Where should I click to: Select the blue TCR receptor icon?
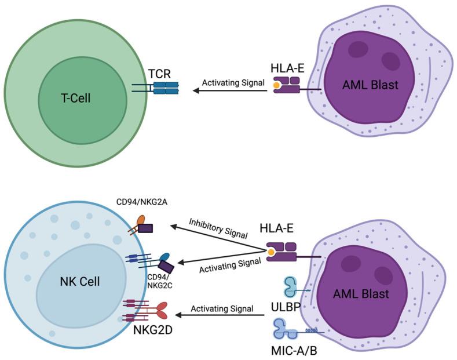tap(165, 88)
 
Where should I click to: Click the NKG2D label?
tap(149, 332)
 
